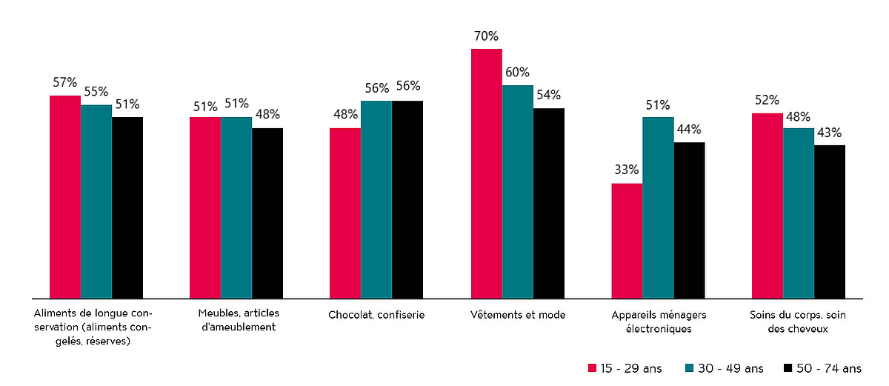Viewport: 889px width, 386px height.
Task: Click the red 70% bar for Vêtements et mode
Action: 487,173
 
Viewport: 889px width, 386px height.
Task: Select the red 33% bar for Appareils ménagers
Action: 627,241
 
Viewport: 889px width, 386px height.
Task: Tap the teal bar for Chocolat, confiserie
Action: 376,199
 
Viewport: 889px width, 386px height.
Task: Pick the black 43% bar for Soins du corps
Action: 829,222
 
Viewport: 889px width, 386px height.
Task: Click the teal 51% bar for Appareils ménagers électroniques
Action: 658,207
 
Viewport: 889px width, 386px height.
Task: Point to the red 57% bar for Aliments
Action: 65,197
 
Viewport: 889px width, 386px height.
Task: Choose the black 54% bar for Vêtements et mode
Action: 549,203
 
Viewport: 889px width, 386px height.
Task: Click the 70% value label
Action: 487,36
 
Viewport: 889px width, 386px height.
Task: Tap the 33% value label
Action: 627,170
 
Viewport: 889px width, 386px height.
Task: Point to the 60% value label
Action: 517,72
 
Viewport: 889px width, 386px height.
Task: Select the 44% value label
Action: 689,129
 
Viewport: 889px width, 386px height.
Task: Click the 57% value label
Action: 65,82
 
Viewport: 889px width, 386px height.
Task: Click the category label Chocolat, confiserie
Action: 376,315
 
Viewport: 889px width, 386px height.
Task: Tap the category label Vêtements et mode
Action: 518,315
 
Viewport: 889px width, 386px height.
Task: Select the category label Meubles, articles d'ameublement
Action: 237,321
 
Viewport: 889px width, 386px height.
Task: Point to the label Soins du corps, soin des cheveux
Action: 798,321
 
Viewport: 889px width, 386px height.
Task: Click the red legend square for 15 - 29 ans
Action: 592,368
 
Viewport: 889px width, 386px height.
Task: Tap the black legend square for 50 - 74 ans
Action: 788,368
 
